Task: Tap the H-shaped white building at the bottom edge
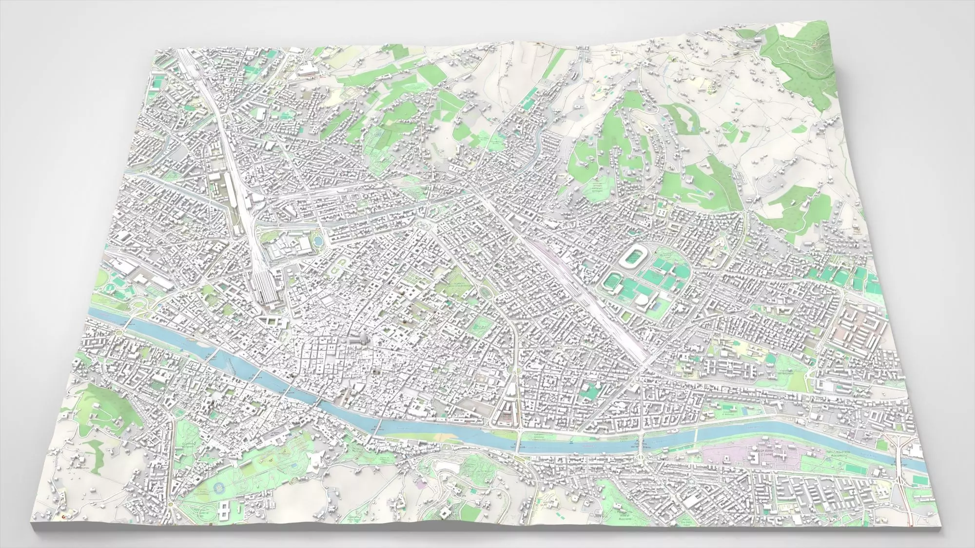tap(224, 510)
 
